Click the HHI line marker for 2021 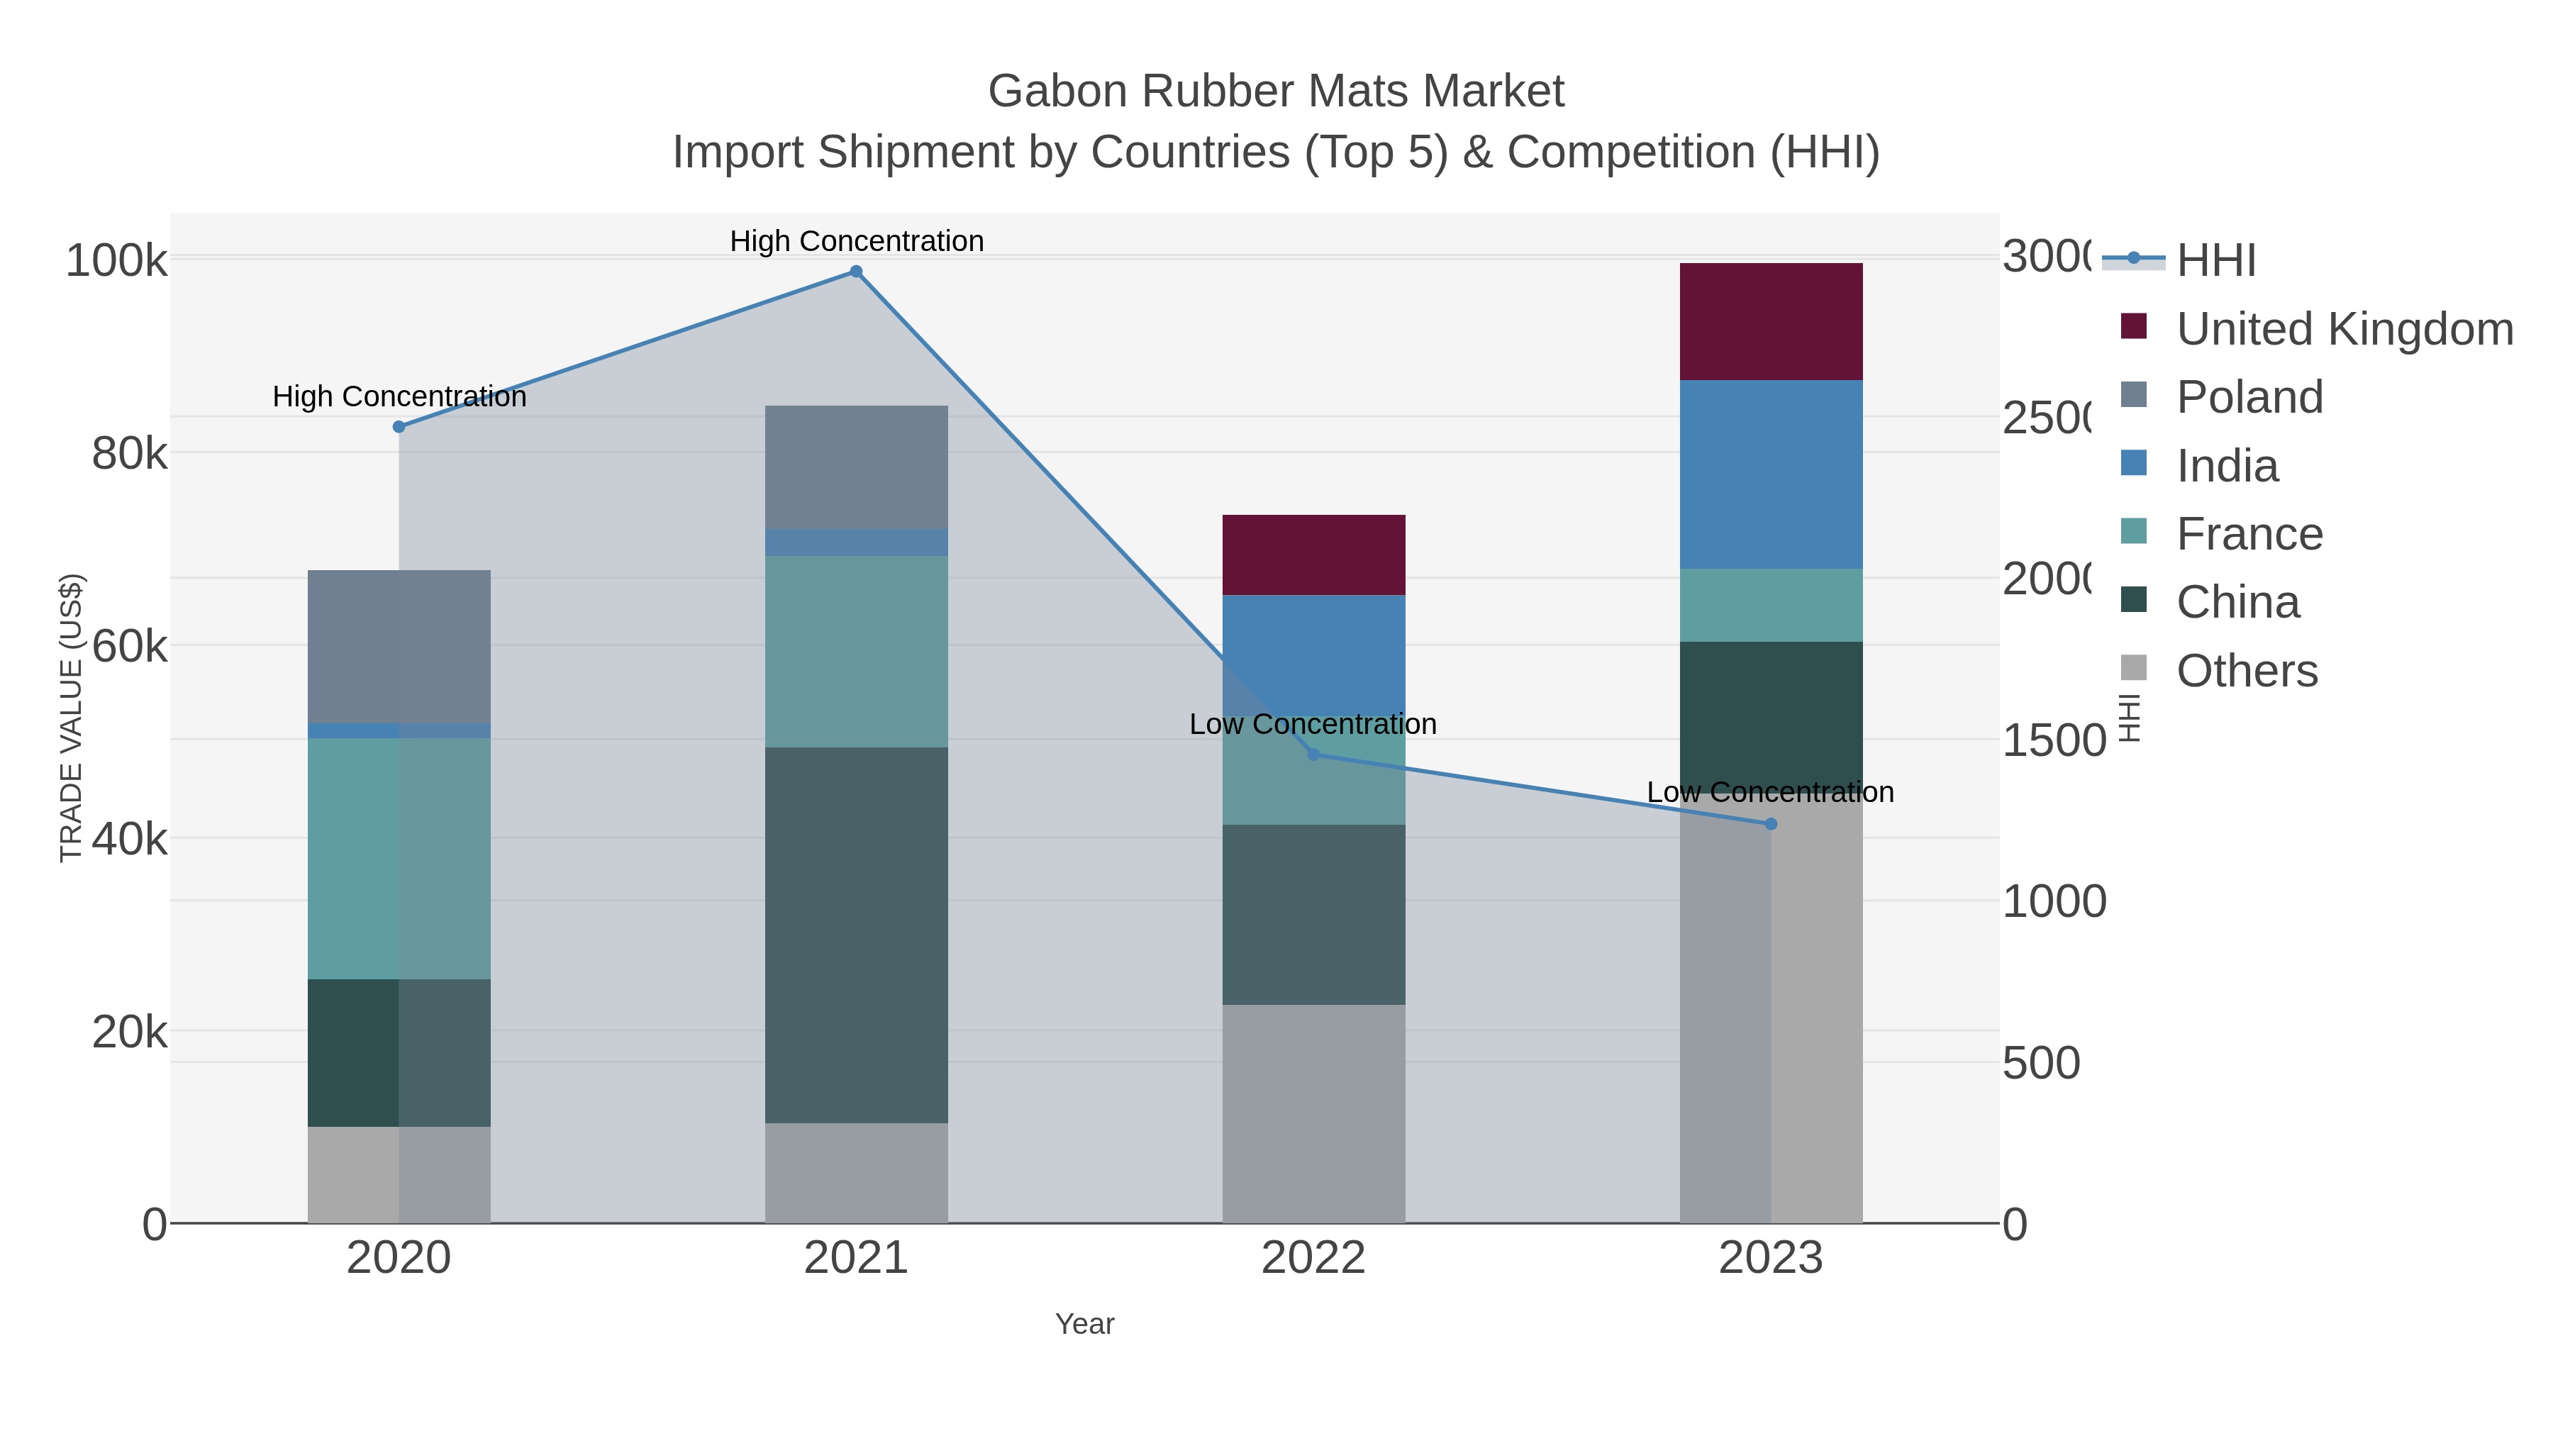point(856,272)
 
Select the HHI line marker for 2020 point(399,427)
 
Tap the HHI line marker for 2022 point(1313,755)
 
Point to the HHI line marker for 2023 point(1771,823)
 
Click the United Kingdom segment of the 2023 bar point(1771,322)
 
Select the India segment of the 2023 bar point(1771,474)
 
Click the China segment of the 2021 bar point(856,935)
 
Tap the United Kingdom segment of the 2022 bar point(1313,555)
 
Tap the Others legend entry point(2247,671)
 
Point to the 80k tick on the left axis point(130,454)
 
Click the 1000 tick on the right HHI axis point(2054,902)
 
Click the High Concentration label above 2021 point(856,241)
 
